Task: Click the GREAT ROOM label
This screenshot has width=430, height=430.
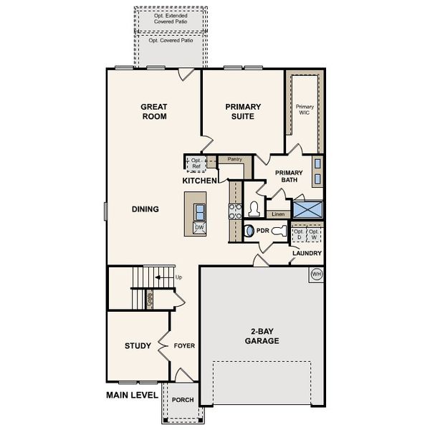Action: (x=153, y=111)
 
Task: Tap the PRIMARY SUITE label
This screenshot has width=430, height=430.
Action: (x=243, y=111)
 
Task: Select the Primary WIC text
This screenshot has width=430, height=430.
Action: (x=305, y=110)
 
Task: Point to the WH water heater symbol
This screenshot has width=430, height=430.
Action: (x=315, y=274)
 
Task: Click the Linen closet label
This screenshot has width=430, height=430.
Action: (x=278, y=214)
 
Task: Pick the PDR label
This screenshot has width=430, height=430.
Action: (x=262, y=231)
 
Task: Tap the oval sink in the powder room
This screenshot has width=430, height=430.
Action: (x=249, y=231)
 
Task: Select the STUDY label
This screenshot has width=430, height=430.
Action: (x=137, y=346)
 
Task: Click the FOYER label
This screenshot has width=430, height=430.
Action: (x=184, y=346)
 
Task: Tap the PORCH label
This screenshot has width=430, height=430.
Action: (x=183, y=399)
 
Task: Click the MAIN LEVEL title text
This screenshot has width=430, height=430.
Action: (x=132, y=395)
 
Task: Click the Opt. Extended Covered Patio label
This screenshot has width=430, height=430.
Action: (x=171, y=19)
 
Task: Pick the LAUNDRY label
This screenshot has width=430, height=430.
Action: (x=306, y=254)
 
